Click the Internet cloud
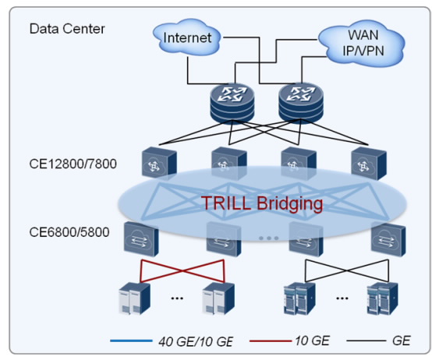tap(187, 37)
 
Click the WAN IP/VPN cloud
tap(362, 43)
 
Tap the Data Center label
tap(67, 29)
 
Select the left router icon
tap(232, 104)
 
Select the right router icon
tap(301, 104)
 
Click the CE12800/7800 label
tap(73, 164)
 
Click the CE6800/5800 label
tap(69, 232)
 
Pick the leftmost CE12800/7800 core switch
tap(159, 163)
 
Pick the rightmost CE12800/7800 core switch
tap(369, 163)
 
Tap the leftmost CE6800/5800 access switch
tap(141, 239)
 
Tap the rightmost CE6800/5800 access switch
tap(388, 239)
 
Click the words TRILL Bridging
tap(262, 203)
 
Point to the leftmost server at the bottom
tap(135, 298)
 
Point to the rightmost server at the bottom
tap(383, 298)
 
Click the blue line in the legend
tap(131, 341)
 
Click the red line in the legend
tap(271, 341)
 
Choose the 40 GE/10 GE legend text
tap(196, 341)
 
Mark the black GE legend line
tap(366, 341)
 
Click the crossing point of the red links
tap(182, 271)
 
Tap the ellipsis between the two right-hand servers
tap(342, 298)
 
